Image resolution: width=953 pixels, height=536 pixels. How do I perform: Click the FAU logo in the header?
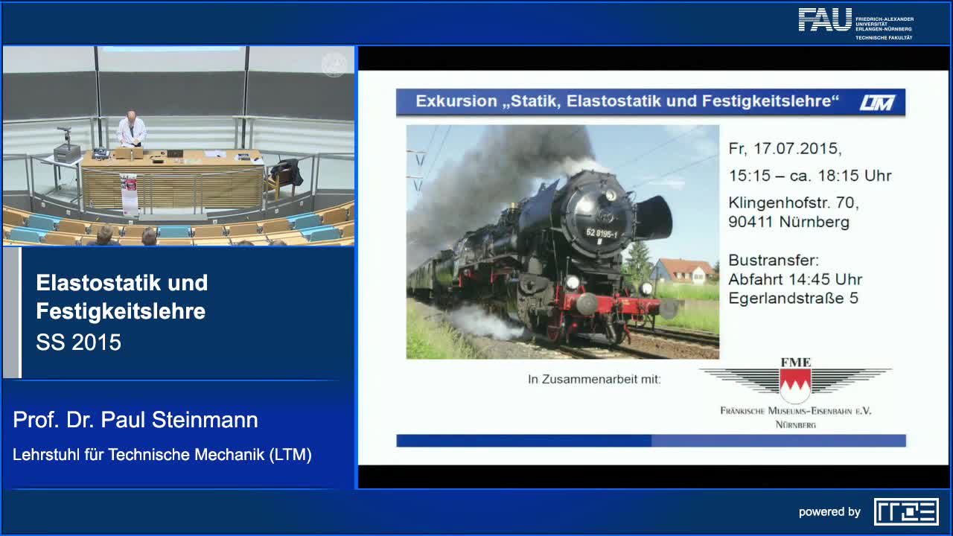(825, 19)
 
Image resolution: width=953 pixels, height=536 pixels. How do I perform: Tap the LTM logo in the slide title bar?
(877, 103)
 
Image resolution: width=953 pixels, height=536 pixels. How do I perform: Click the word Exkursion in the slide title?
(456, 101)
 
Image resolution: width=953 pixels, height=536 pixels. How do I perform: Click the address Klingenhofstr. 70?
(794, 202)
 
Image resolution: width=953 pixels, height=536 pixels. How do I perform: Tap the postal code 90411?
(751, 222)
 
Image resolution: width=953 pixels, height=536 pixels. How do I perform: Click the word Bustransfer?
(773, 261)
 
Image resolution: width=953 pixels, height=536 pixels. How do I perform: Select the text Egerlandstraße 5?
(793, 299)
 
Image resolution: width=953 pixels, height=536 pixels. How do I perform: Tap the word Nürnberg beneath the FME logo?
(795, 424)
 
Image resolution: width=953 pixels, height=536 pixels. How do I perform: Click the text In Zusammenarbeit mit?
(594, 380)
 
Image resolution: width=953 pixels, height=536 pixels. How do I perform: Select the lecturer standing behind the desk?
(132, 131)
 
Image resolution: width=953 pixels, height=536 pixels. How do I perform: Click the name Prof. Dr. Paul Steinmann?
(136, 420)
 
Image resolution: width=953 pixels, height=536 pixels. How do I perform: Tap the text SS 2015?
(78, 342)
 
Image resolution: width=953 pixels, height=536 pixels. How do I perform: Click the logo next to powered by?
(906, 511)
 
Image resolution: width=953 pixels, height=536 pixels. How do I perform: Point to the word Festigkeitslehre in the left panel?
(121, 311)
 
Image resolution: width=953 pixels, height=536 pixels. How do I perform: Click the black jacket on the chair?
(287, 172)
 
